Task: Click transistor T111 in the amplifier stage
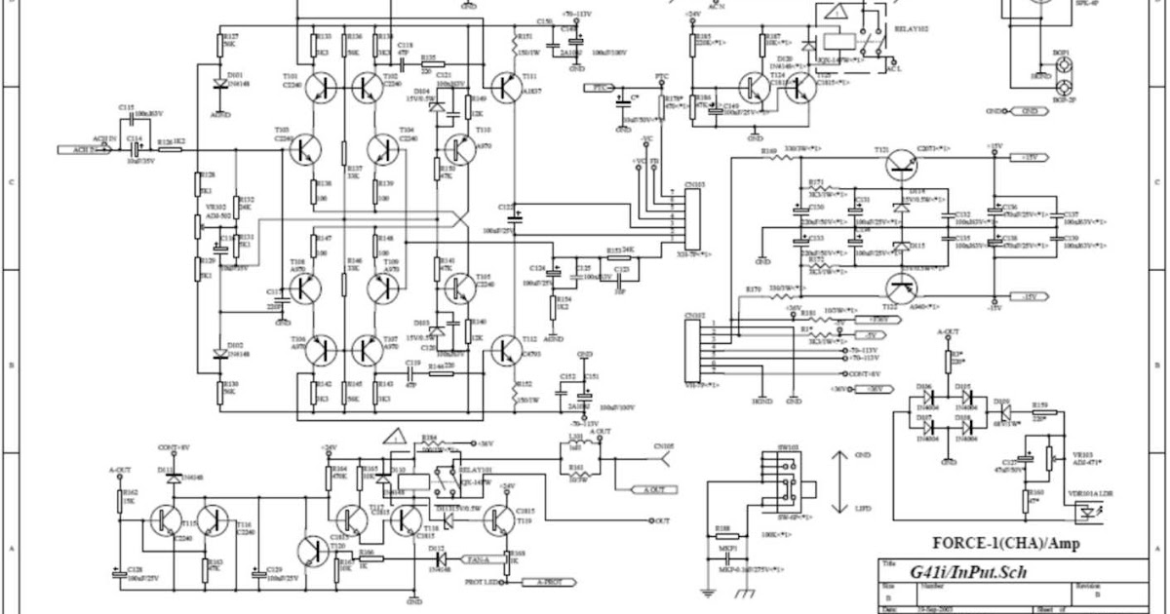(506, 89)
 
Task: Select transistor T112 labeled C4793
(506, 349)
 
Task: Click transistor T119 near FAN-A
(498, 521)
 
